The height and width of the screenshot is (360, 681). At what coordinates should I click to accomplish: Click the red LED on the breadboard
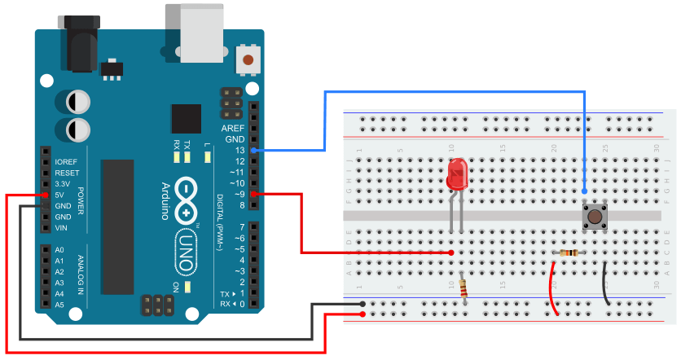pyautogui.click(x=458, y=176)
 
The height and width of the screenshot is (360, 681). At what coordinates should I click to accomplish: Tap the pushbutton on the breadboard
pyautogui.click(x=595, y=217)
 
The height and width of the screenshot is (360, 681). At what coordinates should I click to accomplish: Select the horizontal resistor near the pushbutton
pyautogui.click(x=569, y=253)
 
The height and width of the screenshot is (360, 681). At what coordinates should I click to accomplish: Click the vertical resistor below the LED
pyautogui.click(x=464, y=289)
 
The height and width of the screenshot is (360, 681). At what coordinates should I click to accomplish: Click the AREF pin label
pyautogui.click(x=233, y=129)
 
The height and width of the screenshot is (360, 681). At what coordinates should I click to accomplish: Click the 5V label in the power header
pyautogui.click(x=60, y=195)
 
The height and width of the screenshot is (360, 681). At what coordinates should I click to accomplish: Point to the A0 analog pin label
pyautogui.click(x=59, y=250)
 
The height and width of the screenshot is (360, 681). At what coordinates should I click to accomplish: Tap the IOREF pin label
pyautogui.click(x=66, y=162)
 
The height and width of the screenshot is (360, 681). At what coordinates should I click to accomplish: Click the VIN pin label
pyautogui.click(x=62, y=228)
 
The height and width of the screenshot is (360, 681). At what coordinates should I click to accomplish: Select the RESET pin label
pyautogui.click(x=67, y=173)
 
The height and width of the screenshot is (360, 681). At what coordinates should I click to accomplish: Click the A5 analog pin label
pyautogui.click(x=59, y=305)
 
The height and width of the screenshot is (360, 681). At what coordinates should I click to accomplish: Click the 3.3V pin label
pyautogui.click(x=64, y=184)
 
